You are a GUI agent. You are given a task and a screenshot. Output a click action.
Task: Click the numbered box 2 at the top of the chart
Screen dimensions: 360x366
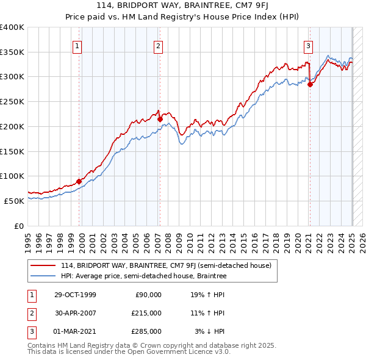[158, 45]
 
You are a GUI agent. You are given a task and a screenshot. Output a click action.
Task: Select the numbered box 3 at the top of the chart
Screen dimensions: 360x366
[309, 45]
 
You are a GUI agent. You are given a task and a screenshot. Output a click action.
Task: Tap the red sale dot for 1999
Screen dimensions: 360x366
[79, 181]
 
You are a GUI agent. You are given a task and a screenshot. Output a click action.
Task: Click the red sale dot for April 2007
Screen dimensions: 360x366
[160, 120]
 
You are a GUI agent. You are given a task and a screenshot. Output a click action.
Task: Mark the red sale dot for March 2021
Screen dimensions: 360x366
[310, 85]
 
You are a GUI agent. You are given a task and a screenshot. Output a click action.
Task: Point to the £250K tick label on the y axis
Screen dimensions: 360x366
[12, 101]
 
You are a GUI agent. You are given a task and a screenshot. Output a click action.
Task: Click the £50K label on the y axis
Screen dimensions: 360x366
[14, 201]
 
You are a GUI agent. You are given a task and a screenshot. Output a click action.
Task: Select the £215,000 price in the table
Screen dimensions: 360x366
[147, 313]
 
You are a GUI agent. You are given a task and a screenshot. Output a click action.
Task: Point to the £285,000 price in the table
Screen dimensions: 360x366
[147, 331]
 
